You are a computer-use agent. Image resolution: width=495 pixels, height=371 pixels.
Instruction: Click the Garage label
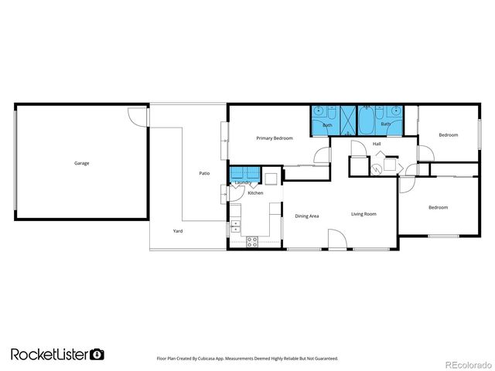point(81,163)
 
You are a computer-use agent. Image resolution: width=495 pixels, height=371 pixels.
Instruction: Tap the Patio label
point(204,173)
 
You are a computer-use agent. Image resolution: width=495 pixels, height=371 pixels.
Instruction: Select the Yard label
point(178,231)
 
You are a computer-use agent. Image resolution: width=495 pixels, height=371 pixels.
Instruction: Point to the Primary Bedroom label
point(275,138)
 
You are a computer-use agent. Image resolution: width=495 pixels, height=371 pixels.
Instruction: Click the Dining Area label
point(307,216)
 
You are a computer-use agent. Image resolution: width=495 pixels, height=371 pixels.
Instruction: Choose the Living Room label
point(364,213)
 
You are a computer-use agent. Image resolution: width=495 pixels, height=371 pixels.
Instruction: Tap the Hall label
point(377,144)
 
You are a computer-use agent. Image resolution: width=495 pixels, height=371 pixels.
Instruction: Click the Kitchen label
point(255,192)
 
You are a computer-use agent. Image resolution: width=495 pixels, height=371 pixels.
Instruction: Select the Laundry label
point(243,182)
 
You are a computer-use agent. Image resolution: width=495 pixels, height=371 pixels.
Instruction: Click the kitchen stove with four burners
point(251,241)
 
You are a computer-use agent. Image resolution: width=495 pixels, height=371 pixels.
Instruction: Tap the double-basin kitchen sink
point(236,226)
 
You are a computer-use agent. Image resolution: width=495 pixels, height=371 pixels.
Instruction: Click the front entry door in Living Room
point(336,240)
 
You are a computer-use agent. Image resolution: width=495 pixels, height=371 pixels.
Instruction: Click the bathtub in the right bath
point(368,121)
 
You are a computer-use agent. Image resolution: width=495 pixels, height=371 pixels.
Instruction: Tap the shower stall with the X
point(347,121)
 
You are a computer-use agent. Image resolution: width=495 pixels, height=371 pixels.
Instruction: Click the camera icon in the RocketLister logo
point(97,354)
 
